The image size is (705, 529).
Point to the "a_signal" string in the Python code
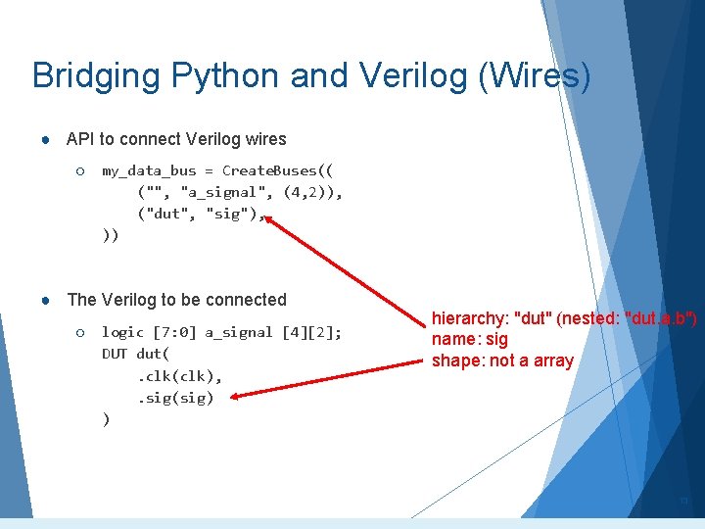[227, 192]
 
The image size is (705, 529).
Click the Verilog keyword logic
[122, 332]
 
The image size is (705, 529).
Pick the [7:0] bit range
[173, 332]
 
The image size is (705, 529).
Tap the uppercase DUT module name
[115, 354]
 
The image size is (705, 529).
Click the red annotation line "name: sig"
[470, 339]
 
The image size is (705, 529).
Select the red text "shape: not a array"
[502, 361]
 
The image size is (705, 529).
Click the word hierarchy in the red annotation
[468, 318]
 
